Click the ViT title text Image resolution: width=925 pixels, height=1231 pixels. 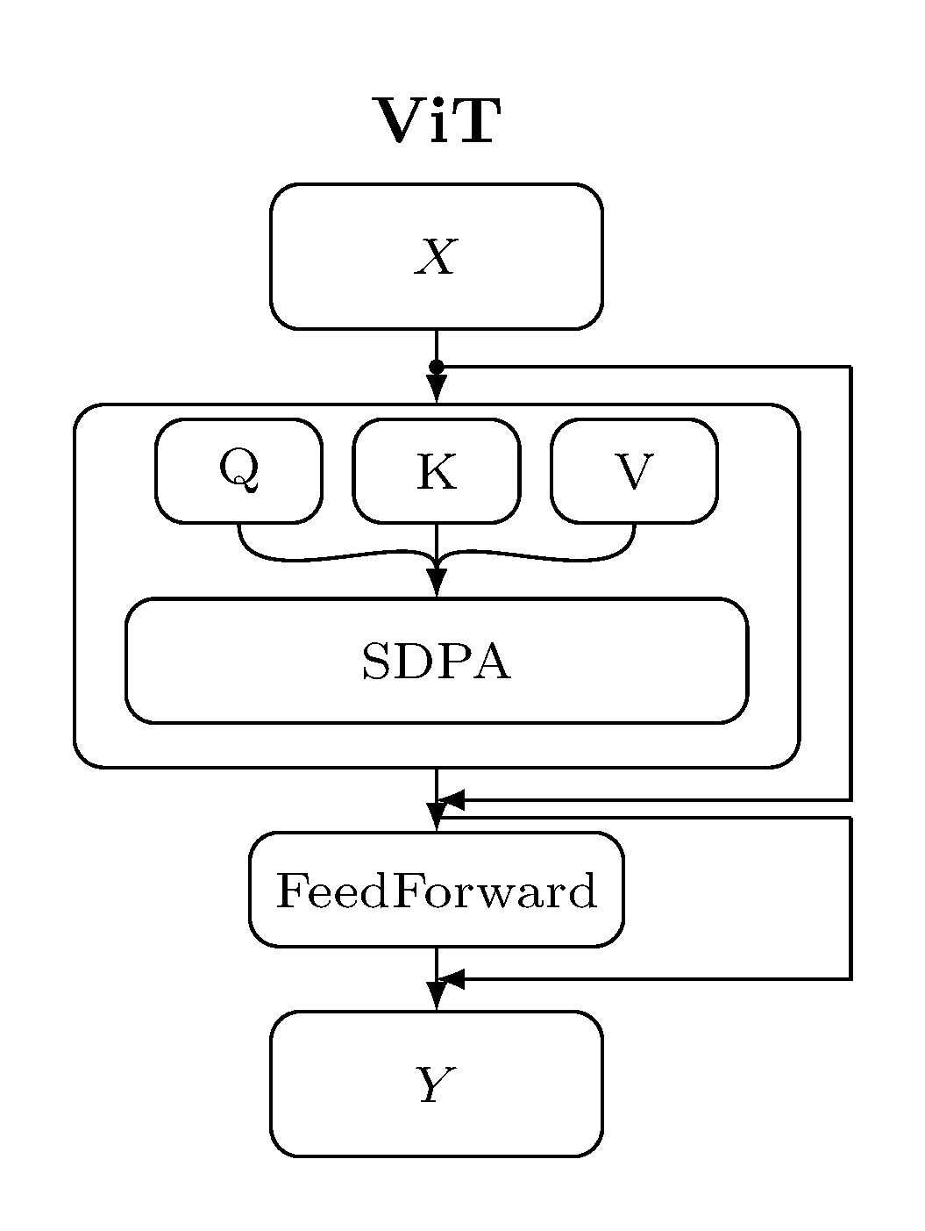(437, 121)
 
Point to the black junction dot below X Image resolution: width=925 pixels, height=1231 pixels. (436, 366)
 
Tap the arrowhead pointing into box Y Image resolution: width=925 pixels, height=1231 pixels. (436, 997)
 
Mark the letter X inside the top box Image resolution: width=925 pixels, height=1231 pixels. (436, 258)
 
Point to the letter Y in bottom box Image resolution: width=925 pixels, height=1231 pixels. (434, 1085)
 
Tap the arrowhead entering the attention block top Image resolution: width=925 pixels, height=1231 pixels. (436, 388)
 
